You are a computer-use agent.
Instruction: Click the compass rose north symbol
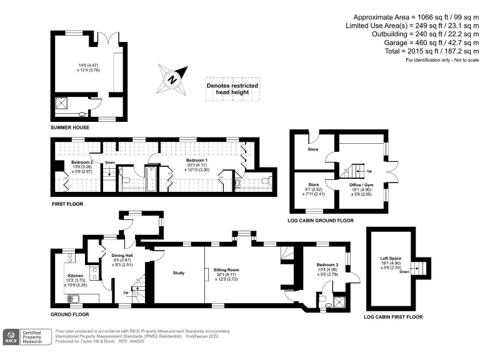point(173,79)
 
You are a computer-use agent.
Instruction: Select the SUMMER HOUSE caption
point(70,127)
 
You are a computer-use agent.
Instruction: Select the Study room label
point(179,272)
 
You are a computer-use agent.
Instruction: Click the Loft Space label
point(390,257)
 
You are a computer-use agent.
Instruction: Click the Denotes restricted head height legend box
point(232,89)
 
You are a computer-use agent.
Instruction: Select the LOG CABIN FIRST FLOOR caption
point(393,317)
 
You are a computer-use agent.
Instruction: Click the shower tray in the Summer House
point(62,104)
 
